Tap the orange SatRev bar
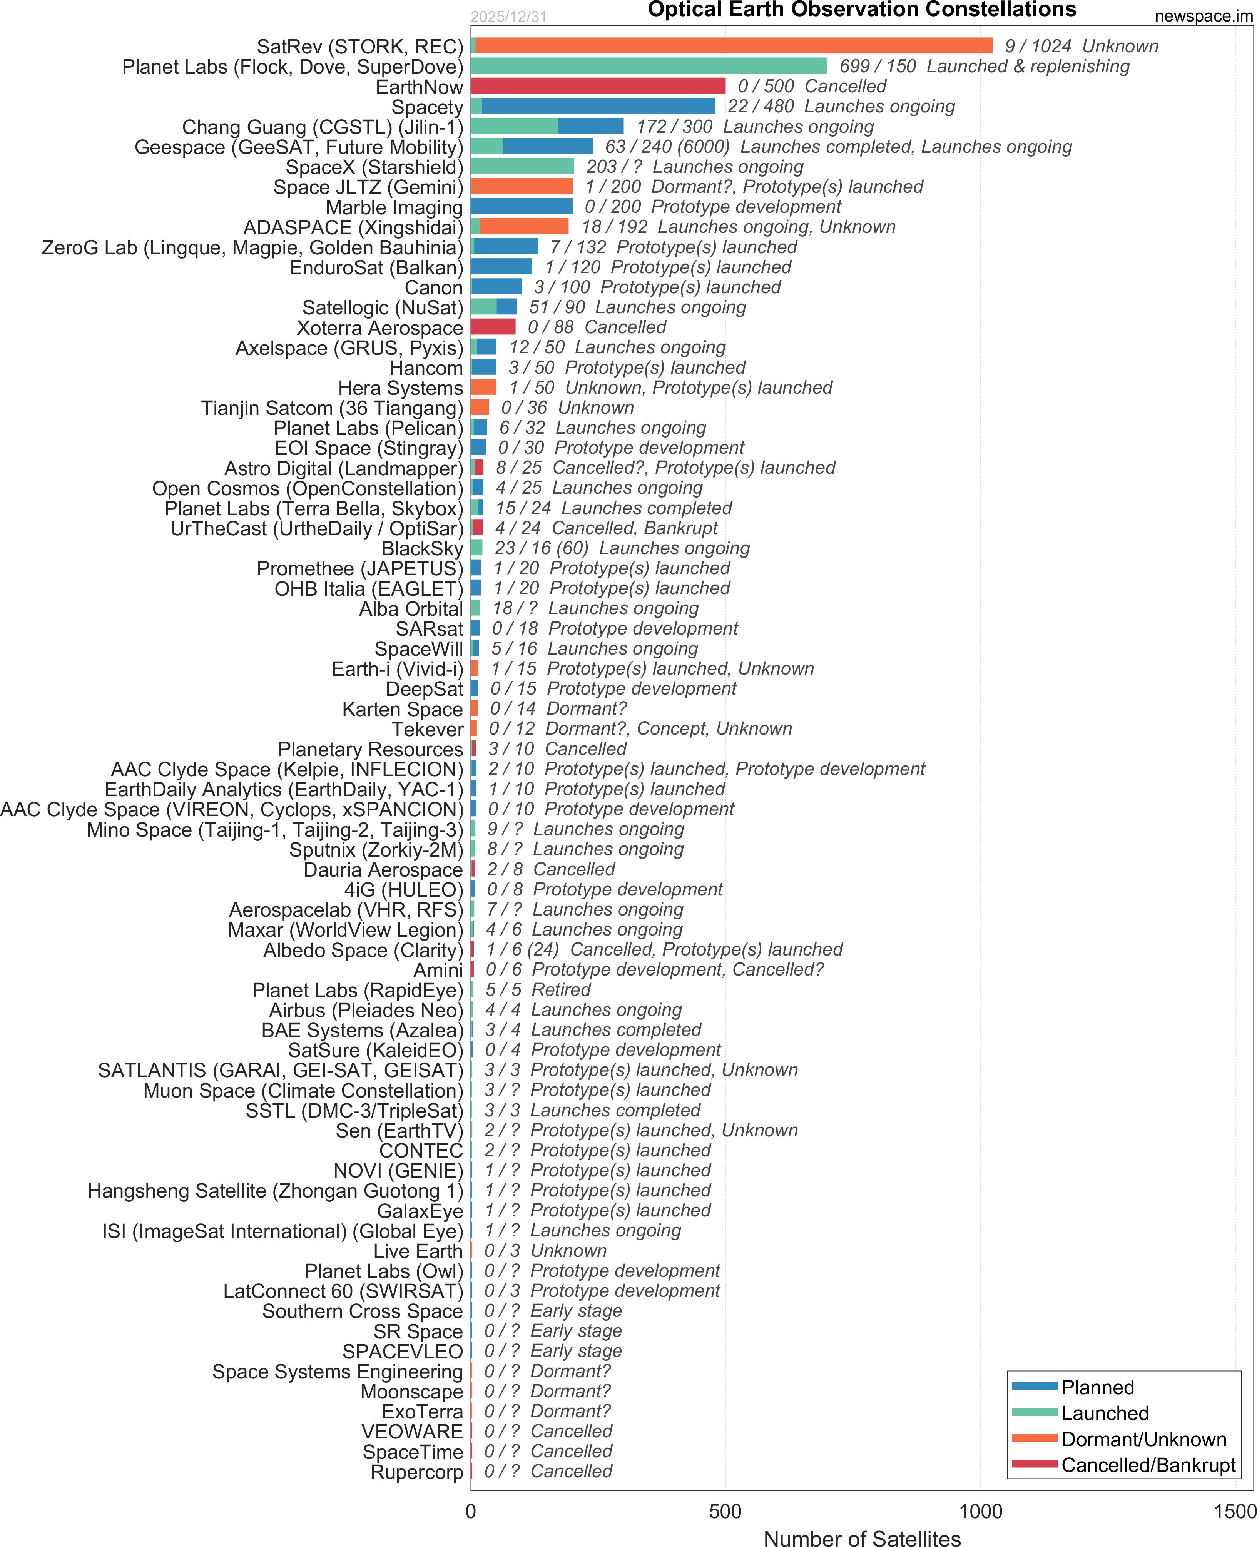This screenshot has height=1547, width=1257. [733, 46]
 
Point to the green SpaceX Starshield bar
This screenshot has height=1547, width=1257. [522, 167]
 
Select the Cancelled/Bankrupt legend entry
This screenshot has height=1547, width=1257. [1148, 1465]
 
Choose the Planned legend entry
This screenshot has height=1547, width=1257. [1097, 1387]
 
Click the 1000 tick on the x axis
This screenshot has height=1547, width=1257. [980, 1511]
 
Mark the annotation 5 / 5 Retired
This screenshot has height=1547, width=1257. [538, 990]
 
